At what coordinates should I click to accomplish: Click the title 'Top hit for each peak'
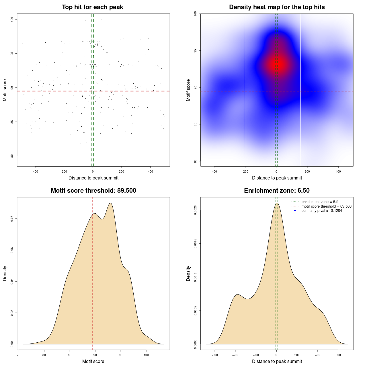[x=92, y=7]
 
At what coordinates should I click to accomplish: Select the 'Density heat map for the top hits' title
[x=277, y=7]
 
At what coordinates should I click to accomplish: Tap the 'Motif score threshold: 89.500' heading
[x=93, y=191]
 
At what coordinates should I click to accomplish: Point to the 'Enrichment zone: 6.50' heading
[x=277, y=191]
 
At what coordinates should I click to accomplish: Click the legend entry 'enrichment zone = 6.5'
[x=320, y=202]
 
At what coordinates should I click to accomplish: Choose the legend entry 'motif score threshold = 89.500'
[x=326, y=206]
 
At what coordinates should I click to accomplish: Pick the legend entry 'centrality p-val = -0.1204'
[x=322, y=210]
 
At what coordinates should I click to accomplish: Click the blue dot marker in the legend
[x=295, y=210]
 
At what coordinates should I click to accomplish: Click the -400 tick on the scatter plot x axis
[x=35, y=171]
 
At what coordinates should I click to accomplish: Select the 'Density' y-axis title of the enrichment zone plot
[x=188, y=273]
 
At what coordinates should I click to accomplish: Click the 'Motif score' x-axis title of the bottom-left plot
[x=93, y=361]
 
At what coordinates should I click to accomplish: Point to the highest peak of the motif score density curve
[x=110, y=203]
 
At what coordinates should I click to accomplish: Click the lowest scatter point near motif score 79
[x=125, y=161]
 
